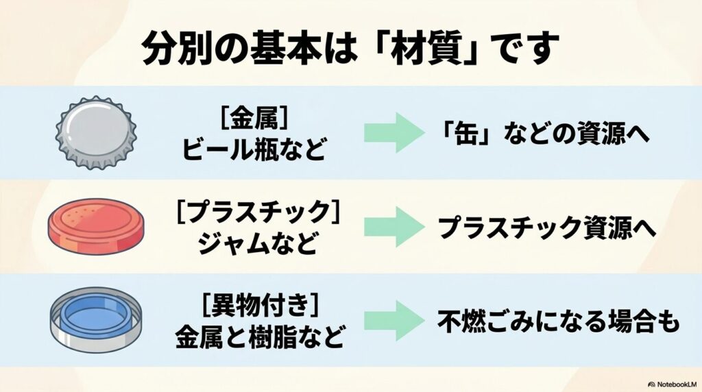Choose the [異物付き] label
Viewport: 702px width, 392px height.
[x=255, y=306]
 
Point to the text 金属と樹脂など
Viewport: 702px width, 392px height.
[x=255, y=336]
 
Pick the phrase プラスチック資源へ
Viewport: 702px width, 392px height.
[x=547, y=228]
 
